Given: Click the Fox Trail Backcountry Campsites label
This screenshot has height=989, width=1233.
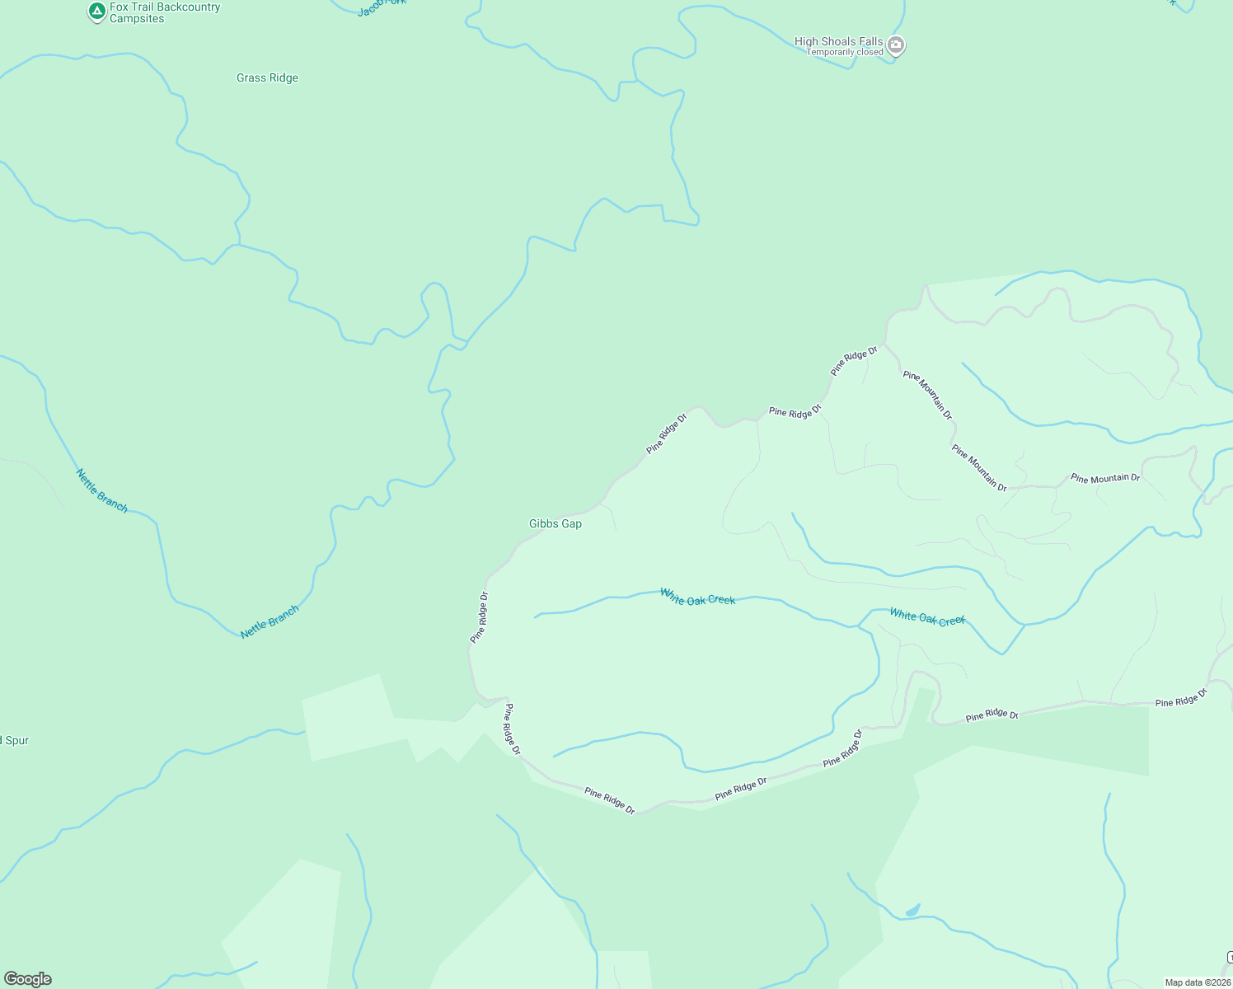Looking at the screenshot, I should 165,12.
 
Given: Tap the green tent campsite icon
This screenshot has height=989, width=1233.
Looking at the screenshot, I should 97,12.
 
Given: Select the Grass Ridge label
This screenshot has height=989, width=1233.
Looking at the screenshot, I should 267,78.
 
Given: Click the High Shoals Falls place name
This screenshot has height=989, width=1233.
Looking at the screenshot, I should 838,41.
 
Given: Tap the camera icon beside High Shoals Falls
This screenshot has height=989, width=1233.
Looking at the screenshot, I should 896,46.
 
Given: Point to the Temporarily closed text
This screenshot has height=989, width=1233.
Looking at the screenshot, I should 845,53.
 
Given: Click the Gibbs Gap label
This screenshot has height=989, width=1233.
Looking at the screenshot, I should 555,524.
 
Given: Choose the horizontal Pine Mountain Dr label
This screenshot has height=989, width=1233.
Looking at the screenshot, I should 1104,478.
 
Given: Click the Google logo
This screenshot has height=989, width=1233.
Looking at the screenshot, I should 27,978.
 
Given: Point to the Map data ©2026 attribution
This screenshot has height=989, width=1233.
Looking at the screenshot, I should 1197,982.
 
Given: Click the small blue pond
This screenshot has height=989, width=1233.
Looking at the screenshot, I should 912,911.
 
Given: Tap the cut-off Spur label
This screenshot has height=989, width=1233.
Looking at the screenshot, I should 15,741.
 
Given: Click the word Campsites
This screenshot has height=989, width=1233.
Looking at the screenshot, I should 137,19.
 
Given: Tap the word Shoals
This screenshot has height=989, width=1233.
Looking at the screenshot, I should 841,41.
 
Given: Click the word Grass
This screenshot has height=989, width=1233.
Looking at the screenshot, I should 251,78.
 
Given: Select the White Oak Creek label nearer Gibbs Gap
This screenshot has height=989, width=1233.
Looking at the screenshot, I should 697,597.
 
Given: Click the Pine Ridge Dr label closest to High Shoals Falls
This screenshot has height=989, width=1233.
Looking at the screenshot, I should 854,361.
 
